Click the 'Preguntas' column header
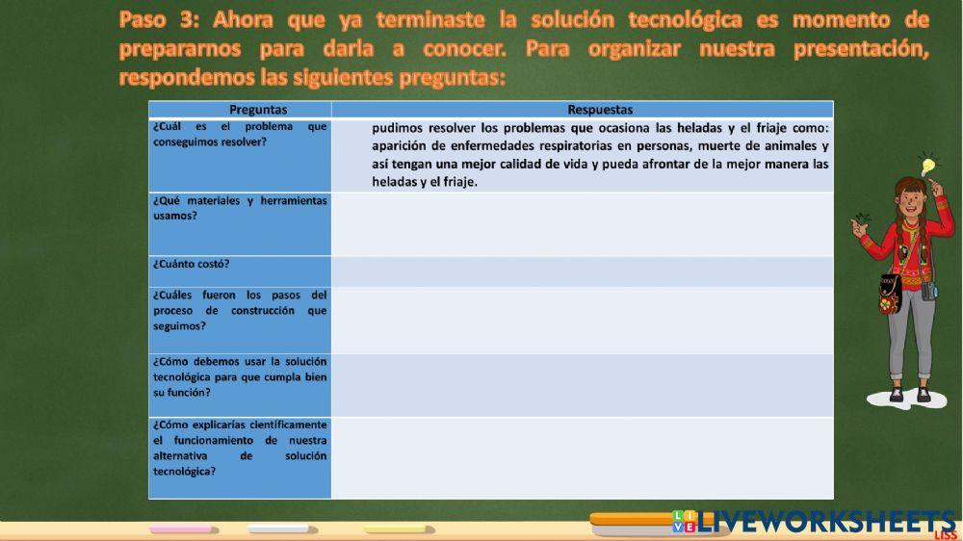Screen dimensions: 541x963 coord(240,110)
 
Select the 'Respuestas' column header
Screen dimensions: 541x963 coord(582,110)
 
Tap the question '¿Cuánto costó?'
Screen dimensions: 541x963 coord(192,263)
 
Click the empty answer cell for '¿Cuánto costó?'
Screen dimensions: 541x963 coord(582,270)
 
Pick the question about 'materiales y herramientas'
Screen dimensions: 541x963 coord(240,208)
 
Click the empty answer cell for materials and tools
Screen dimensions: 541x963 coord(582,223)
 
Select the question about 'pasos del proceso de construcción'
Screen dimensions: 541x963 coord(240,310)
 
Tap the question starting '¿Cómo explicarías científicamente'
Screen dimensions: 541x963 coord(240,448)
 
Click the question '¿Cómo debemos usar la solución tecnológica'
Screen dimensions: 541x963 coord(240,376)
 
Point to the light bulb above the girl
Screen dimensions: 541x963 coord(928,166)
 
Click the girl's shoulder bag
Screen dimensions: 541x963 coord(890,295)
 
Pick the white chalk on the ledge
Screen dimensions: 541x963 coord(278,528)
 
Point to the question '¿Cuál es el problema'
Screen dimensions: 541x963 coord(240,134)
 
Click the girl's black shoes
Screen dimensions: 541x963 coord(909,394)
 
